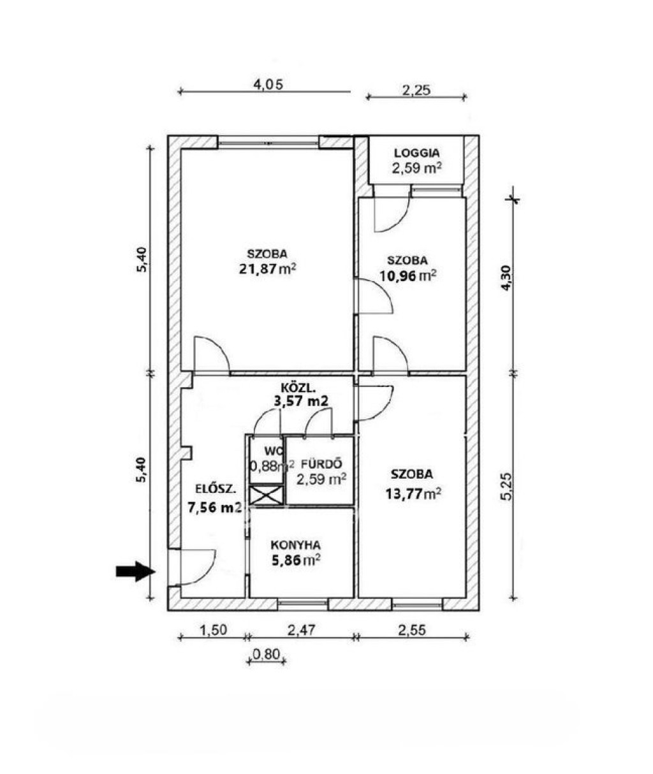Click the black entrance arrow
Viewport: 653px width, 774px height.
(135, 571)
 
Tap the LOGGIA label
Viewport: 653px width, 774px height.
(417, 153)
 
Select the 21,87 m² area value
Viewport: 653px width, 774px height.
(267, 269)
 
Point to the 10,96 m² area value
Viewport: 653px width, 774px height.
(407, 275)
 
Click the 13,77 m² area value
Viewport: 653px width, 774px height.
(413, 493)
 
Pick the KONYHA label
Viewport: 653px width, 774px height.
(295, 545)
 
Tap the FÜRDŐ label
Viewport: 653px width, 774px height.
(321, 464)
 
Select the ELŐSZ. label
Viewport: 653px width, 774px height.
(216, 489)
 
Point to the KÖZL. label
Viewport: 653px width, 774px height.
(298, 388)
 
